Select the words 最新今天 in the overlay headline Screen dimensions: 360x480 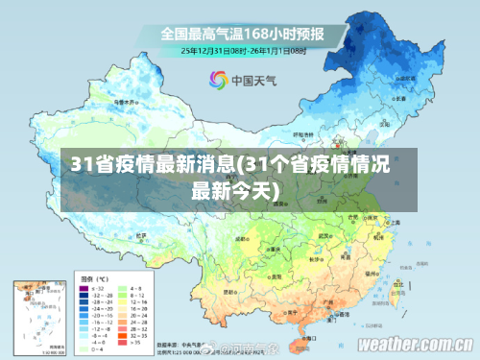pos(226,189)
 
